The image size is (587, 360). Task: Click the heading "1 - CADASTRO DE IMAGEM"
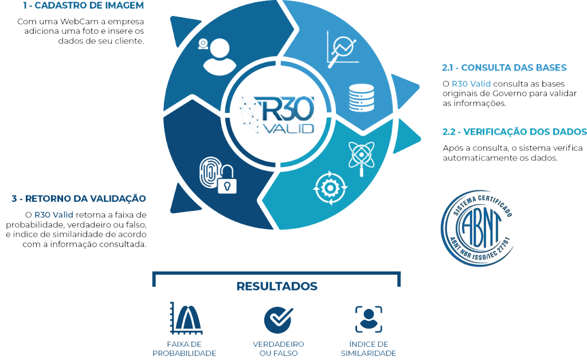83,6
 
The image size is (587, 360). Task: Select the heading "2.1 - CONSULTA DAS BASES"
504,68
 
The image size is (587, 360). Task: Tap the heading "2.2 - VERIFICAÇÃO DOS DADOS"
515,132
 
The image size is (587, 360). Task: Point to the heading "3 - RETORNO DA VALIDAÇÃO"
79,198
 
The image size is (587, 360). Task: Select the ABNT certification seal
477,228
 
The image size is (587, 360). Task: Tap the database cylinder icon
361,97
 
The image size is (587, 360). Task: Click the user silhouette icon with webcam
216,56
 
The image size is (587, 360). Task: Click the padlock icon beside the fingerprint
227,181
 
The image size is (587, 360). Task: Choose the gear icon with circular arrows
330,188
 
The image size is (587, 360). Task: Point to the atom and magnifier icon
361,158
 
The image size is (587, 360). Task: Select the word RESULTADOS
277,286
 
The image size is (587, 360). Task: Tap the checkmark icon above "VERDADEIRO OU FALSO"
279,320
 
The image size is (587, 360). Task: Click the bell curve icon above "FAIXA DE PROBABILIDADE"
186,318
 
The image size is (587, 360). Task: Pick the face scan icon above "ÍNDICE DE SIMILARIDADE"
369,319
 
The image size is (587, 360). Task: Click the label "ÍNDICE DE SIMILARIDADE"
369,349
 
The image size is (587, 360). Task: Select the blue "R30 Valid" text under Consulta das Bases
471,84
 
